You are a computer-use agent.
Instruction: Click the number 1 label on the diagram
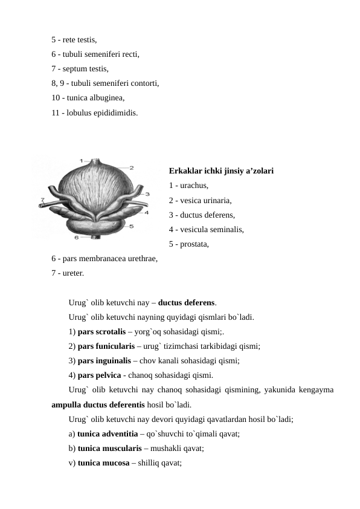82,160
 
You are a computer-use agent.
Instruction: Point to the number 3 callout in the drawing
147,194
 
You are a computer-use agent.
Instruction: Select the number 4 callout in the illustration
146,212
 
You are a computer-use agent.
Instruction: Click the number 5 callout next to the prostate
132,226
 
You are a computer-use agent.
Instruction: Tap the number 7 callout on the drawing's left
42,199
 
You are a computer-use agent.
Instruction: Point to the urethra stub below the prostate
94,235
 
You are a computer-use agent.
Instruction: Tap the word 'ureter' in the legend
72,273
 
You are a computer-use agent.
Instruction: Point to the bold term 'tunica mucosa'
103,463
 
